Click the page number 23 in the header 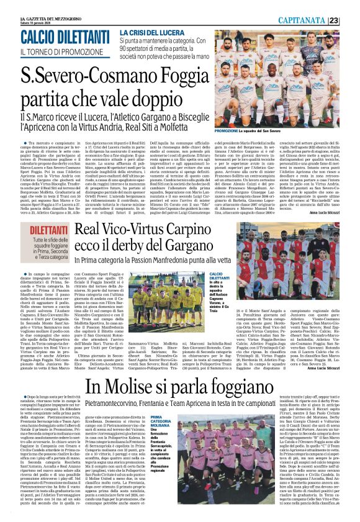click(x=351, y=20)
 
